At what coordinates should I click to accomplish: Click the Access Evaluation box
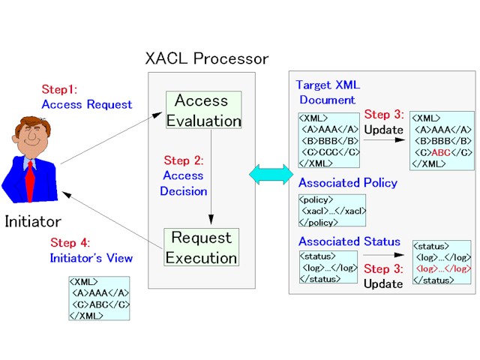click(x=203, y=110)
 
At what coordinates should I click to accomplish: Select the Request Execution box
click(x=202, y=247)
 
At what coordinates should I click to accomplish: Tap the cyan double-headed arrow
click(x=271, y=175)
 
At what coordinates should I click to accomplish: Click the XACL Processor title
click(x=207, y=58)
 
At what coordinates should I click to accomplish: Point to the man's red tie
click(x=30, y=181)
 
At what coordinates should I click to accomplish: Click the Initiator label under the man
click(x=33, y=222)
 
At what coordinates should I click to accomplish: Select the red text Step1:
click(x=59, y=89)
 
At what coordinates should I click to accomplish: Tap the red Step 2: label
click(x=184, y=160)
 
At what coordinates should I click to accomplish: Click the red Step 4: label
click(x=70, y=243)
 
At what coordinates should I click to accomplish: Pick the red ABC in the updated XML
click(x=441, y=152)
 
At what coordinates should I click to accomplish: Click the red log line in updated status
click(x=443, y=268)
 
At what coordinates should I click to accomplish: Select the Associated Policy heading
click(x=348, y=183)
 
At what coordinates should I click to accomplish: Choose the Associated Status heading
click(x=349, y=241)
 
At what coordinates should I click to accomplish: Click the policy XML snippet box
click(x=332, y=211)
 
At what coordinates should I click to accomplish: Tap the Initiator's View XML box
click(x=99, y=298)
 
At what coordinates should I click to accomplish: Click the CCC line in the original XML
click(x=331, y=152)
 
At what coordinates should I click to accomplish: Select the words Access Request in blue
click(x=87, y=105)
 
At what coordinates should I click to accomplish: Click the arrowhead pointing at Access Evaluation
click(x=157, y=115)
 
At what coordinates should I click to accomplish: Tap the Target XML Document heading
click(x=328, y=92)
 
